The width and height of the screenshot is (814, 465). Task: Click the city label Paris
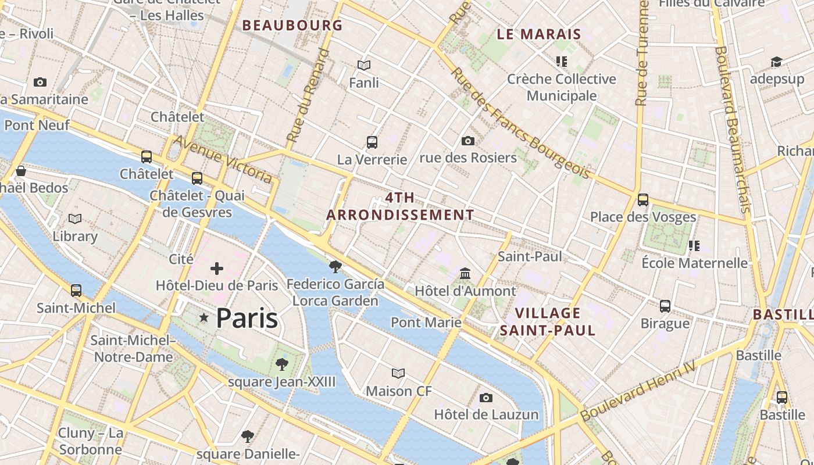[x=247, y=318]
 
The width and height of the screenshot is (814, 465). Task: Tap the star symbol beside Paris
[x=203, y=317]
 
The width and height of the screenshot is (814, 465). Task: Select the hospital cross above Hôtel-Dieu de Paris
[x=217, y=268]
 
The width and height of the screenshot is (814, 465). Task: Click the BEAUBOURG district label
[x=292, y=25]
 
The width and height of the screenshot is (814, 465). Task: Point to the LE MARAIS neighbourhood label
[x=539, y=34]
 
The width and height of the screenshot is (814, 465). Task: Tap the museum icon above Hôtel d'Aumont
[x=465, y=273]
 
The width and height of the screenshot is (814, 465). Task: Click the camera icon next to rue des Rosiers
[x=467, y=141]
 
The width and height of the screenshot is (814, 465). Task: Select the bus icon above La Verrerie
[x=372, y=142]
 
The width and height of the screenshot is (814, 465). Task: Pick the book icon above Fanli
[x=364, y=65]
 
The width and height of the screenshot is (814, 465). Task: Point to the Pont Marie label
[x=426, y=322]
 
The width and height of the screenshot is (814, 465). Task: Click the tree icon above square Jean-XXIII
[x=282, y=364]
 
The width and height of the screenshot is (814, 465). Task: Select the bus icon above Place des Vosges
[x=642, y=199]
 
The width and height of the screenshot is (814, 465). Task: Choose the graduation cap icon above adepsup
[x=776, y=62]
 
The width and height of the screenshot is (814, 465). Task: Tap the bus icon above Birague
[x=665, y=306]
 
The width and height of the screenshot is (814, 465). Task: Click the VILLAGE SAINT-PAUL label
[x=548, y=322]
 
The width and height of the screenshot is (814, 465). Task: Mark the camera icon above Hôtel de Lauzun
[x=486, y=398]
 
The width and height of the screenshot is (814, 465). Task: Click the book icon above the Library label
[x=75, y=219]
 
